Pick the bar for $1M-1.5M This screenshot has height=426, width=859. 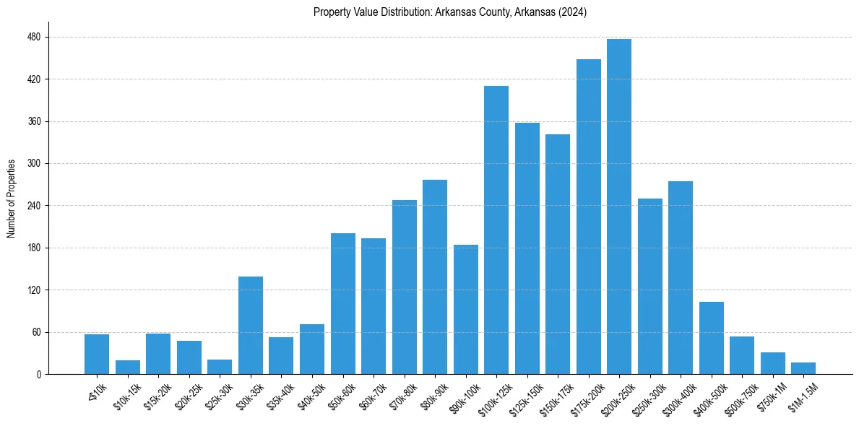tap(803, 368)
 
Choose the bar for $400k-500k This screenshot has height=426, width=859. tap(712, 338)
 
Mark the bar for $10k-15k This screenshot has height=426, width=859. tap(128, 367)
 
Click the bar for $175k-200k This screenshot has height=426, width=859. tap(589, 217)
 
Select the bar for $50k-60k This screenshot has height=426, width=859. tap(343, 303)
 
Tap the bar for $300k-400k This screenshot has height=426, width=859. tap(681, 277)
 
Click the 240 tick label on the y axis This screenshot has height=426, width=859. tap(35, 206)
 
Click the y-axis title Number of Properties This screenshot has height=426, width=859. tap(11, 199)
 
